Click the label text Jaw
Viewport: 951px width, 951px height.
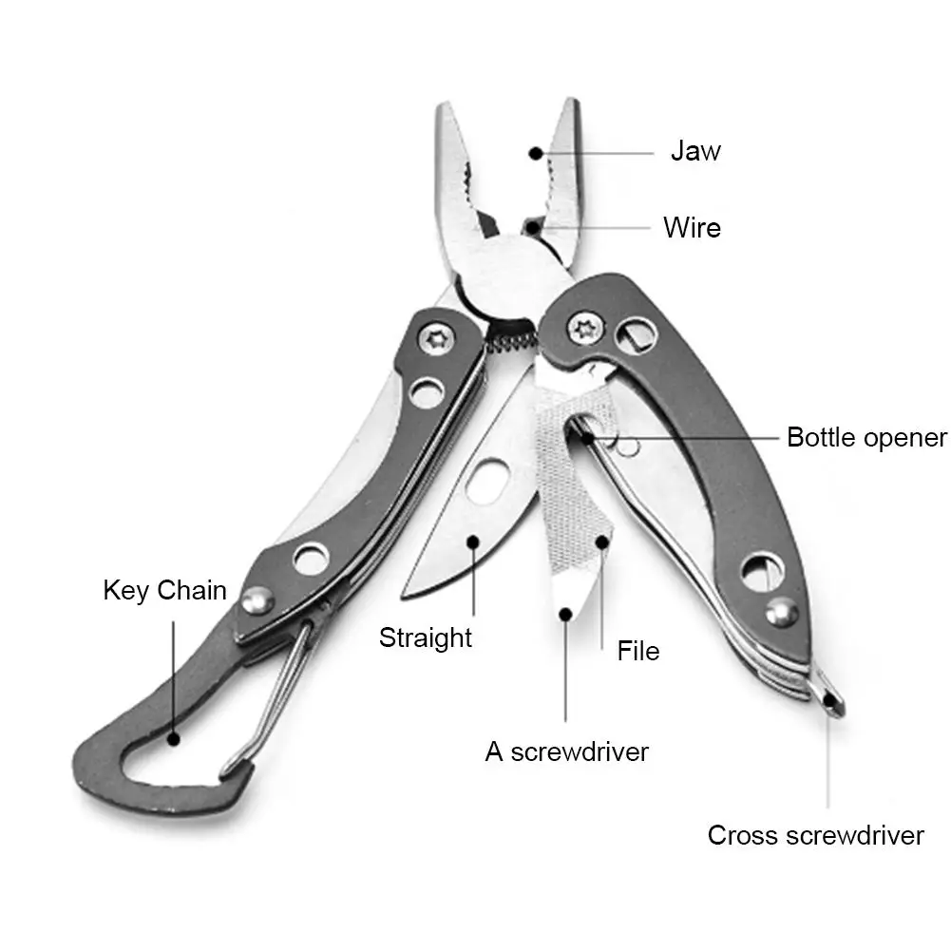coord(695,151)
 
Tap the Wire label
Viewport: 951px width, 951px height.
coord(692,228)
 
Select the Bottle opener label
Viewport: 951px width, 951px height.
coord(866,438)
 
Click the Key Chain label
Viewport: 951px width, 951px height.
coord(164,590)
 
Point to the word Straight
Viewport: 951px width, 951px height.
coord(426,637)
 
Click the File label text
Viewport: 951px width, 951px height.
coord(637,651)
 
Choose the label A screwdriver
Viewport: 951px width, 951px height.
coord(566,751)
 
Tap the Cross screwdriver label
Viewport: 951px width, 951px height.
coord(815,835)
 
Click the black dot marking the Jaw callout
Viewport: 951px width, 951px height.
coord(536,152)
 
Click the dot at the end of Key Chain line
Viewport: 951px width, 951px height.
coord(173,736)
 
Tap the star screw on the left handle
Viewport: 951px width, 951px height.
coord(438,336)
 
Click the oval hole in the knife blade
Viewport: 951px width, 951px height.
coord(487,480)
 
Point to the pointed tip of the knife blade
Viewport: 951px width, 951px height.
coord(406,596)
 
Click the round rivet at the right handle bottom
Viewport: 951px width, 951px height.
coord(781,613)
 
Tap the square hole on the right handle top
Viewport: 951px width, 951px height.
coord(635,333)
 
